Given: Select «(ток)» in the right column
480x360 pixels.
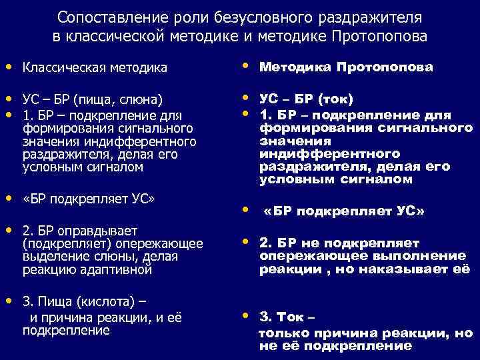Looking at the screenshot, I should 336,99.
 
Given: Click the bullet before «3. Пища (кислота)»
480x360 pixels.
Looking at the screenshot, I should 7,300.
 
